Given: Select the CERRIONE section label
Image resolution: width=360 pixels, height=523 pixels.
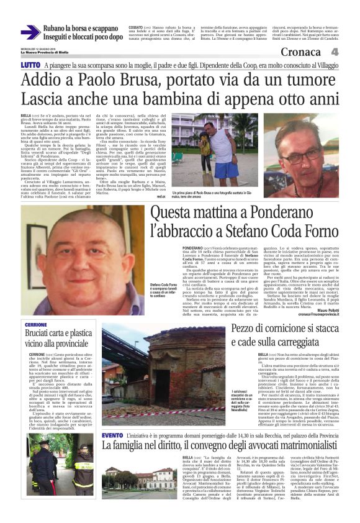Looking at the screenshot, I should coord(36,325).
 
